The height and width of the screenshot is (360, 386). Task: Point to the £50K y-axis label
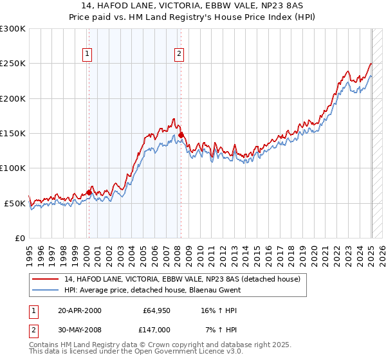tap(15, 203)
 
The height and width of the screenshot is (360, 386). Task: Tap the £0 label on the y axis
tap(20, 238)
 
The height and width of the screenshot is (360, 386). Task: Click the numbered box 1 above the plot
tap(87, 55)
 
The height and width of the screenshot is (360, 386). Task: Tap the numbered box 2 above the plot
tap(179, 55)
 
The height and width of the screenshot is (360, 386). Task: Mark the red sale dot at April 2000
tap(89, 192)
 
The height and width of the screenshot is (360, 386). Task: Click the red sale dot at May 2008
tap(181, 135)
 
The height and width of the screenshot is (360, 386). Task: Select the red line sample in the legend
tap(46, 279)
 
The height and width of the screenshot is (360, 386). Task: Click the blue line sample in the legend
tap(46, 290)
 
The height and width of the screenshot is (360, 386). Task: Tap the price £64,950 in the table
tap(156, 311)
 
